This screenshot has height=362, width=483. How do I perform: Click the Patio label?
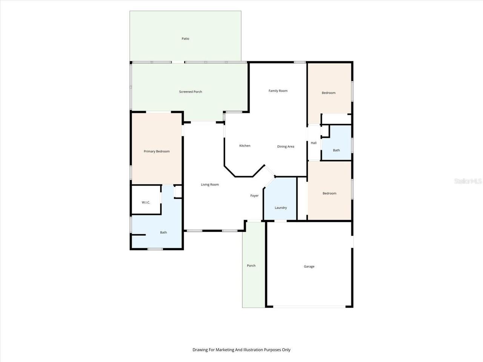pyautogui.click(x=185, y=39)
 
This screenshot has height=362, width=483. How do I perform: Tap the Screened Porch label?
pyautogui.click(x=191, y=92)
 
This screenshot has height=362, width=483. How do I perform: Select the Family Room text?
pyautogui.click(x=278, y=91)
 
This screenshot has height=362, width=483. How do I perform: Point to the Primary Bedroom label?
pyautogui.click(x=157, y=151)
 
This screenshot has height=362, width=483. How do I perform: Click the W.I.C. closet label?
pyautogui.click(x=146, y=202)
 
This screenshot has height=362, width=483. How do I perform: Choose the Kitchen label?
pyautogui.click(x=245, y=146)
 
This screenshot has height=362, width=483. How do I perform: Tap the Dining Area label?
pyautogui.click(x=286, y=147)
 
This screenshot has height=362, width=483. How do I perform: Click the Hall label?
pyautogui.click(x=314, y=143)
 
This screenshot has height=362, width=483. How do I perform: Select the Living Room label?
pyautogui.click(x=210, y=185)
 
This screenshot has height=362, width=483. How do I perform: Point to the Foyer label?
pyautogui.click(x=254, y=196)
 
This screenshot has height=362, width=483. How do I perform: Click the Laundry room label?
pyautogui.click(x=281, y=208)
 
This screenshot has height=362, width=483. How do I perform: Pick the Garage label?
pyautogui.click(x=309, y=266)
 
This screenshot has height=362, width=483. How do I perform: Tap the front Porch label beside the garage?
pyautogui.click(x=251, y=265)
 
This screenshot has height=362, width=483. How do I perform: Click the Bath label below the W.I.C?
pyautogui.click(x=163, y=232)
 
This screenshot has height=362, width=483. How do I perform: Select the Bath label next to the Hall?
pyautogui.click(x=336, y=150)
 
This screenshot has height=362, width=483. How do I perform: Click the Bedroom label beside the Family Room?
pyautogui.click(x=329, y=93)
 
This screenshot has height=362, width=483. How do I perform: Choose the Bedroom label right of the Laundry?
pyautogui.click(x=329, y=193)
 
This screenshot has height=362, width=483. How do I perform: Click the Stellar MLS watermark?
pyautogui.click(x=468, y=181)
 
